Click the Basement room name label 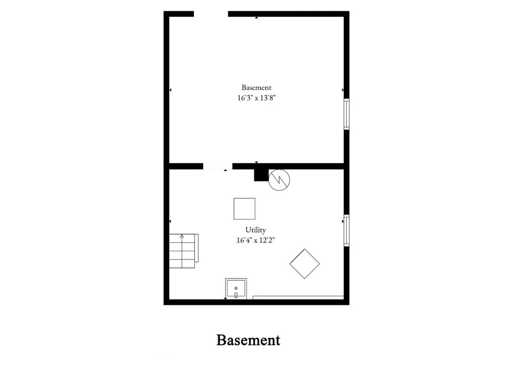(x=256, y=87)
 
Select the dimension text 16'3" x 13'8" (x=256, y=98)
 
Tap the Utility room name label (x=255, y=230)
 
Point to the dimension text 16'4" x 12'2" (x=255, y=240)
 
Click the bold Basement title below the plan (x=248, y=340)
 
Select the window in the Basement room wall (x=346, y=114)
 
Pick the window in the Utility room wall (x=346, y=230)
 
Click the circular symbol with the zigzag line (x=279, y=180)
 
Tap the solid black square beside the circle (x=261, y=175)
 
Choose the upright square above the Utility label (x=244, y=208)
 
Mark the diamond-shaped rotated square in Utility (x=305, y=263)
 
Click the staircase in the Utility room (x=184, y=251)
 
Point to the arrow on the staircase (x=182, y=251)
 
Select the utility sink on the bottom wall (x=236, y=288)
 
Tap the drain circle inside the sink (x=236, y=288)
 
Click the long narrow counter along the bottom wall (x=298, y=298)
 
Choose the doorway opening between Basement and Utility (x=218, y=166)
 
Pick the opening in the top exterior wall (x=211, y=14)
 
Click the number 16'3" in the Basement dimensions (x=244, y=98)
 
